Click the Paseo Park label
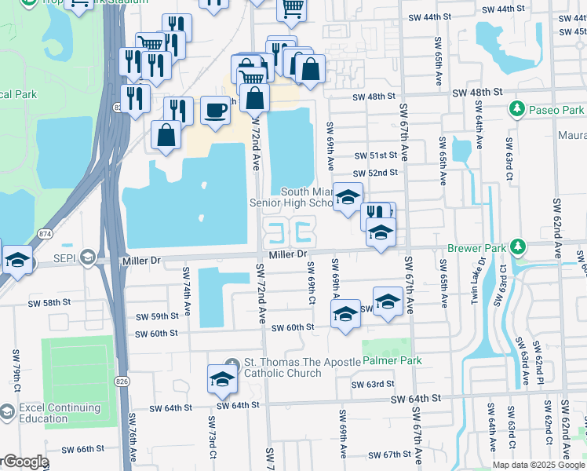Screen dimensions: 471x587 556,110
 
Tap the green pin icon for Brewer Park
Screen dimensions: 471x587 517,247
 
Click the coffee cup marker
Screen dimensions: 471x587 215,110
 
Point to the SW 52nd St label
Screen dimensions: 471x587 375,173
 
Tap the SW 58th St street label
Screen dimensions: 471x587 49,302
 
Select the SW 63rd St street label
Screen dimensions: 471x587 372,385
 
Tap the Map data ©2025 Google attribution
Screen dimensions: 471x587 538,465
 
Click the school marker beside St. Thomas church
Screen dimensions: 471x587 222,379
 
